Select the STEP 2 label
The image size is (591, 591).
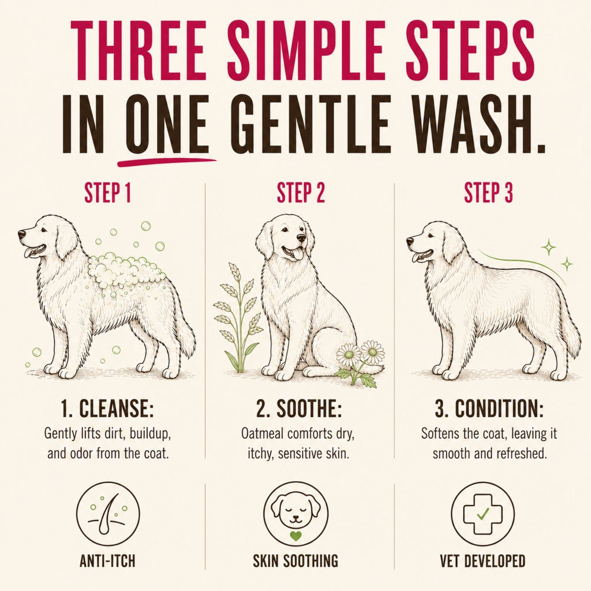(x=301, y=193)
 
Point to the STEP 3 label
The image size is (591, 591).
(x=488, y=193)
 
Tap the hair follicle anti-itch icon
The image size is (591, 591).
(x=108, y=515)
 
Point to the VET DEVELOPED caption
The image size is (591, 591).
(x=482, y=561)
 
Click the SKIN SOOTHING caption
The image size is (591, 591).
(x=295, y=561)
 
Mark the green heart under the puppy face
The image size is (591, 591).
(x=296, y=536)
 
